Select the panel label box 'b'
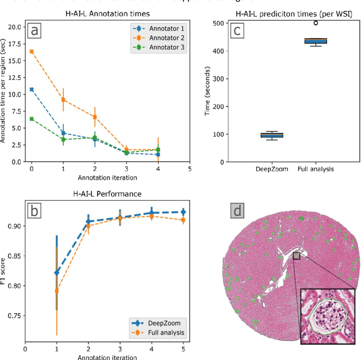(34, 211)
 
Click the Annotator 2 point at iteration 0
(32, 51)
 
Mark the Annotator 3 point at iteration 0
(32, 119)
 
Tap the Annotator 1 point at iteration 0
(32, 89)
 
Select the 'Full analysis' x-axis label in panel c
(315, 169)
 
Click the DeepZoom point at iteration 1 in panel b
(56, 272)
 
